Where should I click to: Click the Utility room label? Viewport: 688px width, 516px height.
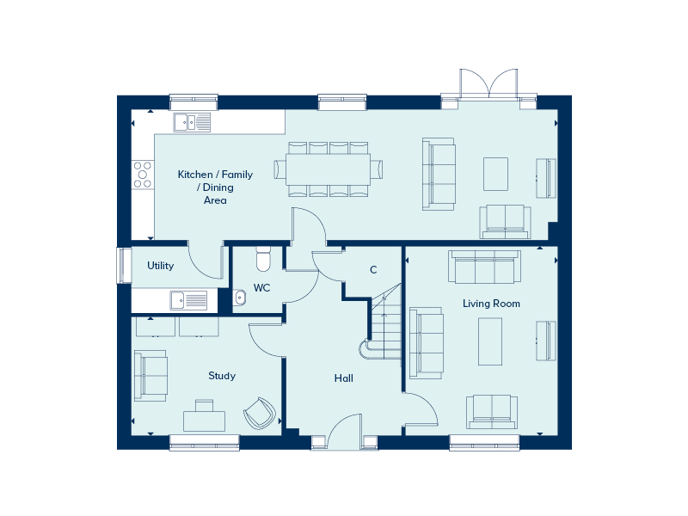(x=160, y=266)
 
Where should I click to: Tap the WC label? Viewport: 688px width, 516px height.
(x=262, y=288)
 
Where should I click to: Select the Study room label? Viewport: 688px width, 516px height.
(x=222, y=376)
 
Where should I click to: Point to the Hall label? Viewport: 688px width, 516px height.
(x=344, y=378)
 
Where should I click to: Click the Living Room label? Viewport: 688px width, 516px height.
(x=491, y=304)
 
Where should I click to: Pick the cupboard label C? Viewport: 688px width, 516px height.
(x=373, y=270)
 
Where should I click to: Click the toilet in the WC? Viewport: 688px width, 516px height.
(x=263, y=259)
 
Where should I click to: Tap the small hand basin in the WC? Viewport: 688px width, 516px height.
(x=241, y=298)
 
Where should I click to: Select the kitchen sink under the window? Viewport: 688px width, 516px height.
(x=192, y=122)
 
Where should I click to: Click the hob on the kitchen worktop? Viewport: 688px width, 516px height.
(x=141, y=175)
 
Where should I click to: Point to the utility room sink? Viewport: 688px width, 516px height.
(x=188, y=300)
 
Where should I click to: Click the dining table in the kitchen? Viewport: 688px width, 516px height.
(x=329, y=168)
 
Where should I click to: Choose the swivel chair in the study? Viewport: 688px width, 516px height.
(x=259, y=414)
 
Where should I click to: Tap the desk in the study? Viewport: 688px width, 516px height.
(x=205, y=420)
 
